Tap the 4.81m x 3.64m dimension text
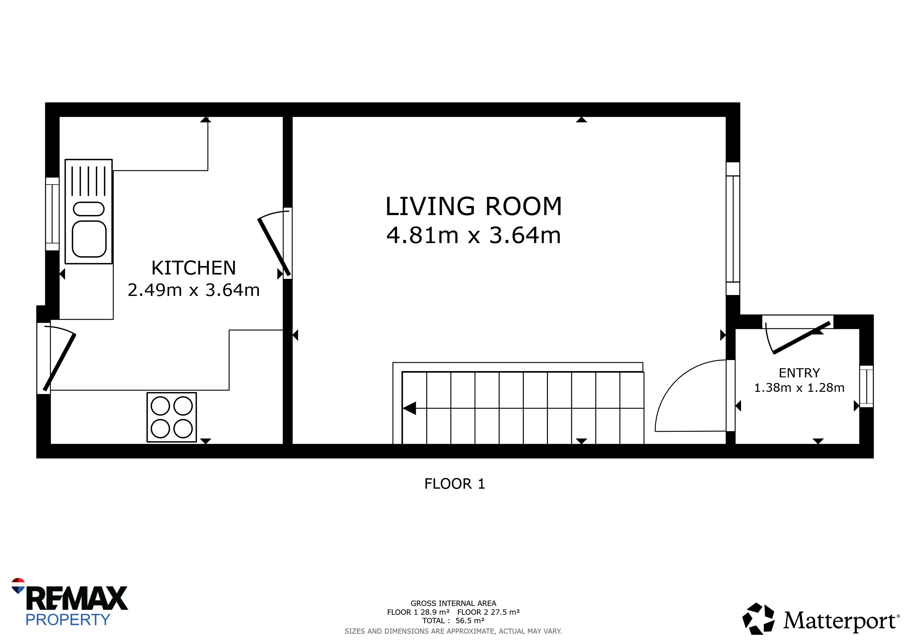tap(474, 235)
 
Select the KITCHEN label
tap(194, 268)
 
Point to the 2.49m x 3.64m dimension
tap(194, 290)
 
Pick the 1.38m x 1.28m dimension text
tap(799, 387)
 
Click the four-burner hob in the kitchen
tap(172, 417)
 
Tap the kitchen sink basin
tap(89, 239)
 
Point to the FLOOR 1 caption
tap(455, 484)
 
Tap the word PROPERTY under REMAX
tap(68, 620)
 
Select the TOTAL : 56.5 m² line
tap(453, 621)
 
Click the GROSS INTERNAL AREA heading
tap(453, 603)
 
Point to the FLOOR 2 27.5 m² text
tap(488, 612)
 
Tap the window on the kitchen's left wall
tap(52, 214)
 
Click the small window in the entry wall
tap(866, 386)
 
